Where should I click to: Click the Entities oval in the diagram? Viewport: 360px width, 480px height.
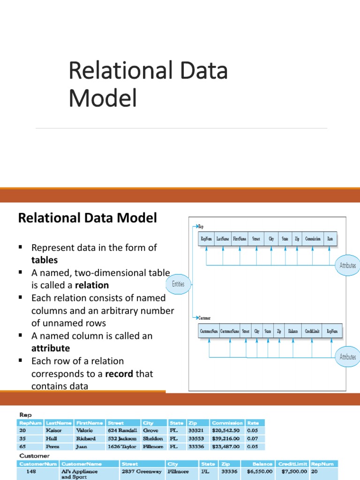(178, 284)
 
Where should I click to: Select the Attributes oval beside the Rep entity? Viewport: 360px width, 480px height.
(347, 265)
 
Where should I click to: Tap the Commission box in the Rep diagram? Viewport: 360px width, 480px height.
(313, 239)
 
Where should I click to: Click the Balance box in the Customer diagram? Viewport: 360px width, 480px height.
(293, 331)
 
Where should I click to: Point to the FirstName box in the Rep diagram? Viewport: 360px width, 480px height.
(240, 239)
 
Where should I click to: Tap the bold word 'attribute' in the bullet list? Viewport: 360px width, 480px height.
(51, 348)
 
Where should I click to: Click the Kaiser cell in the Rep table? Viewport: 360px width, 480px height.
(54, 430)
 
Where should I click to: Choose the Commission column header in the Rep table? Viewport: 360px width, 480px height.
(227, 423)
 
